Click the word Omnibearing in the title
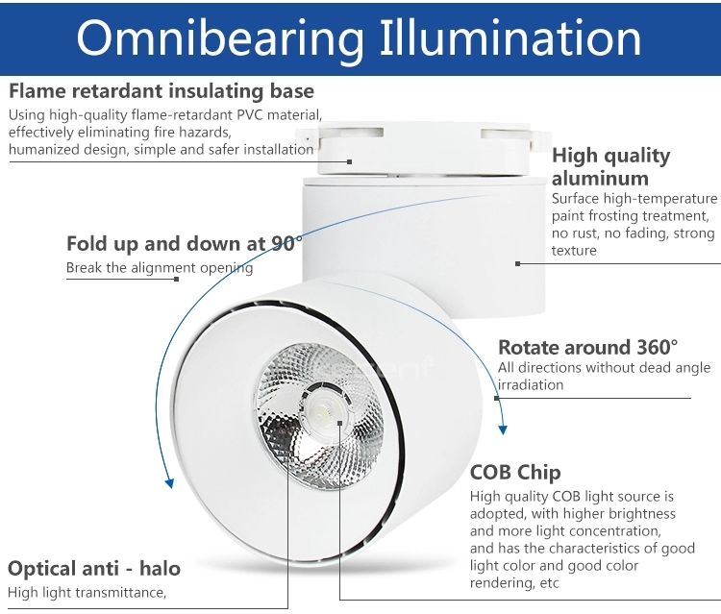pyautogui.click(x=220, y=40)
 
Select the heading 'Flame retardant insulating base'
pyautogui.click(x=162, y=92)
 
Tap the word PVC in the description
pyautogui.click(x=250, y=114)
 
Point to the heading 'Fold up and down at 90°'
pyautogui.click(x=185, y=243)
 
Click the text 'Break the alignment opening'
pyautogui.click(x=160, y=268)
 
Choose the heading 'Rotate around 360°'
pyautogui.click(x=588, y=347)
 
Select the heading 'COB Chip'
pyautogui.click(x=515, y=473)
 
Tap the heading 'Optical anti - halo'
pyautogui.click(x=94, y=569)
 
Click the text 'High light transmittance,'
pyautogui.click(x=87, y=593)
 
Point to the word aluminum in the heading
pyautogui.click(x=600, y=179)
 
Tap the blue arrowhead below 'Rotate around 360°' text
pyautogui.click(x=503, y=430)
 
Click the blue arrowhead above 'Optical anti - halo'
pyautogui.click(x=169, y=483)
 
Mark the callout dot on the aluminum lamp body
pyautogui.click(x=518, y=264)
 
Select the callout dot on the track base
pyautogui.click(x=350, y=161)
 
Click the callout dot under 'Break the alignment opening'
pyautogui.click(x=176, y=279)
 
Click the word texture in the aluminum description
pyautogui.click(x=574, y=251)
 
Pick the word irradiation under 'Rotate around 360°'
pyautogui.click(x=531, y=385)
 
